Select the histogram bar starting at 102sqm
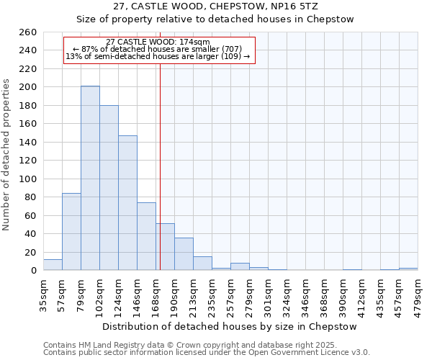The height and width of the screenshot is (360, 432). [x=109, y=188]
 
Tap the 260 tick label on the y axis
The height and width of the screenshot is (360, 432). [x=28, y=32]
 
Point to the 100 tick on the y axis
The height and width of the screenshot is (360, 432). [x=28, y=179]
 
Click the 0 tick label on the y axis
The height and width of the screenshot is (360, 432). [x=34, y=271]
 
